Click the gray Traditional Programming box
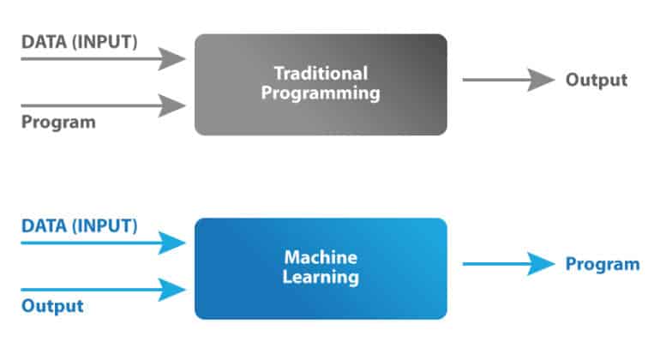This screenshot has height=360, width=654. (321, 84)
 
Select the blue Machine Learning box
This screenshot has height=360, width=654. (321, 267)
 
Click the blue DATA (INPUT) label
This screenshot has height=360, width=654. (79, 226)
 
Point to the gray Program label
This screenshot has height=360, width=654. (58, 122)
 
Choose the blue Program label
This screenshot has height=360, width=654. (602, 264)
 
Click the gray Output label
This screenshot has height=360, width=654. (596, 81)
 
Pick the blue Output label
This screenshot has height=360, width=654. (52, 306)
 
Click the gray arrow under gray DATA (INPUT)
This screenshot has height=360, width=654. (103, 59)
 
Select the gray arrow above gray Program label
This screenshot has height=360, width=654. (103, 105)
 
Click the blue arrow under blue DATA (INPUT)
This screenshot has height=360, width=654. (103, 243)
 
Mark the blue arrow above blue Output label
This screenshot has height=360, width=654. (103, 290)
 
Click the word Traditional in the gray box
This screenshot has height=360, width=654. (321, 74)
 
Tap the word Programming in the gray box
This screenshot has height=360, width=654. (321, 94)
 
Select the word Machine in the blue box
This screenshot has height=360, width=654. (321, 257)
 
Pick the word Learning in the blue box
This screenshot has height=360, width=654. (321, 278)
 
